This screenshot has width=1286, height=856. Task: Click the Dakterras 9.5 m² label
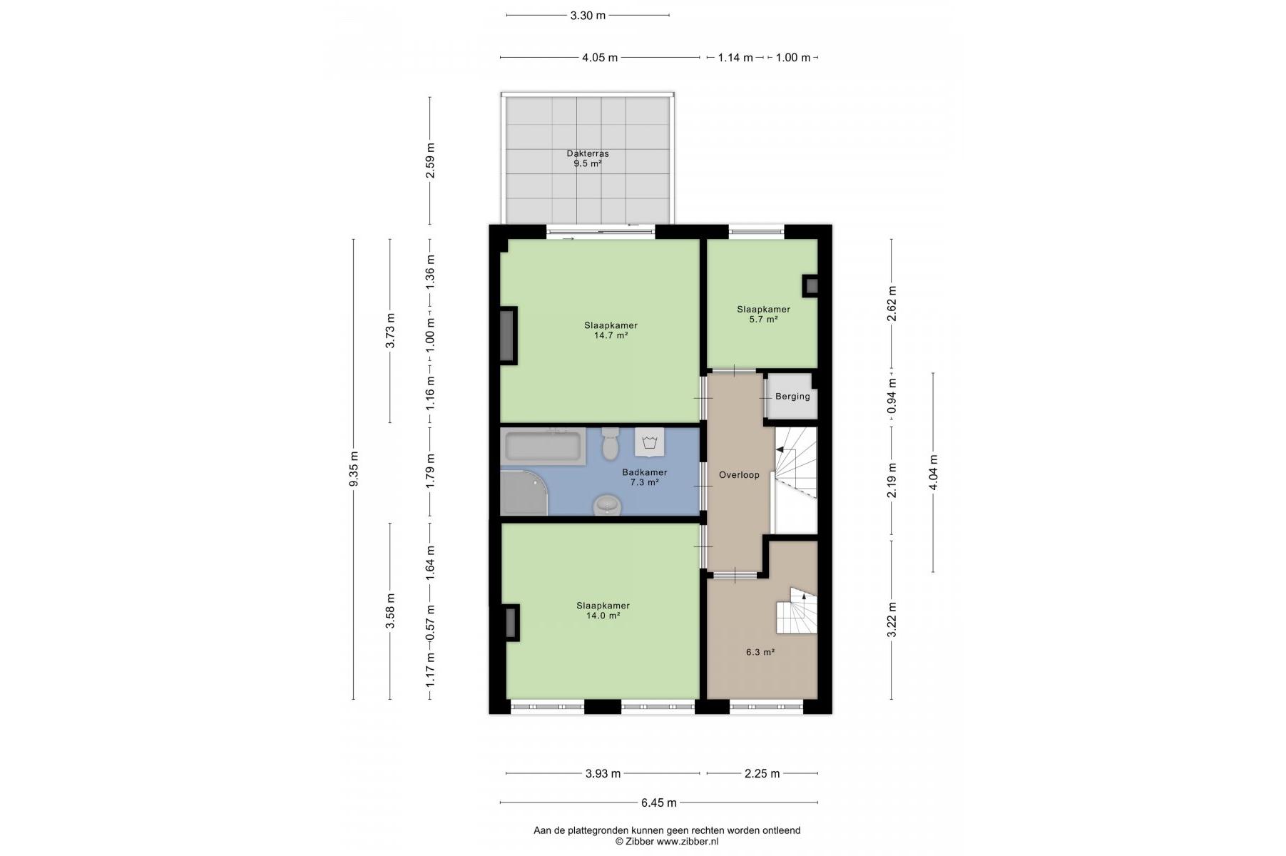588,158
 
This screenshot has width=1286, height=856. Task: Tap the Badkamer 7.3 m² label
644,477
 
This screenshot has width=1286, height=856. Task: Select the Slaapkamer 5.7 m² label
763,315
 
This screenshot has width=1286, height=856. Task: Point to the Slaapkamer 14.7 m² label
611,330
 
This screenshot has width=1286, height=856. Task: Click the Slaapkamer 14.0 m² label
603,611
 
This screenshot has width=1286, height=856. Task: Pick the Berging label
792,397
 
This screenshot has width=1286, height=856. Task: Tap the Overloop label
739,475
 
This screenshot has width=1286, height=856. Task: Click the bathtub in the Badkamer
543,447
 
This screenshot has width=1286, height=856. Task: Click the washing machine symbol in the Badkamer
649,442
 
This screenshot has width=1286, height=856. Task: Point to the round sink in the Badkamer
608,504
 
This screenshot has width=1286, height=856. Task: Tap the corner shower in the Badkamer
524,492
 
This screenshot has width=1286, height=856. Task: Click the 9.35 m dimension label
354,469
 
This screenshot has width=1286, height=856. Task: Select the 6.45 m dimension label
658,803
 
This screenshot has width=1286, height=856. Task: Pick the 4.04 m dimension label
934,473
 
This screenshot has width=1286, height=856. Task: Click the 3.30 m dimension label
588,16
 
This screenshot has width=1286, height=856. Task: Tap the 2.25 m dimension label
762,773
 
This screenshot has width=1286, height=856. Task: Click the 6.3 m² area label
760,652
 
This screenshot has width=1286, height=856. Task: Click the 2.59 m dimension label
430,161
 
